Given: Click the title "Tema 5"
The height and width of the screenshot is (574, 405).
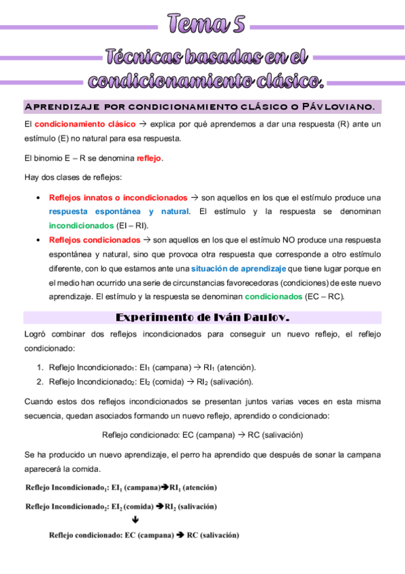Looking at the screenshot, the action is (x=204, y=25).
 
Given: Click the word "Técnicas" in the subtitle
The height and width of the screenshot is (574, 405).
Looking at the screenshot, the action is (x=140, y=58).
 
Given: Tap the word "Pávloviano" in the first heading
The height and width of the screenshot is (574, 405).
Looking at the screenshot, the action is (x=337, y=107).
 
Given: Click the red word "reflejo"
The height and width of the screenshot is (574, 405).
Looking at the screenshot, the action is (x=149, y=158).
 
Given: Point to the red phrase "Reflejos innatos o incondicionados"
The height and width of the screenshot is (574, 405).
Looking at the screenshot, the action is (x=118, y=198).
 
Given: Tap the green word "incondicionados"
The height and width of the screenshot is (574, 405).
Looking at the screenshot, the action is (x=81, y=225).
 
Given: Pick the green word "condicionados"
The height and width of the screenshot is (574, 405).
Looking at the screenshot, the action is (x=274, y=296).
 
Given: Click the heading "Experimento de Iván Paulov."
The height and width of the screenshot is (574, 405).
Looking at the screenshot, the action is (x=203, y=317).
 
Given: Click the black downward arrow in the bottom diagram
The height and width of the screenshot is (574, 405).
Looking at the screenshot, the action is (x=136, y=520).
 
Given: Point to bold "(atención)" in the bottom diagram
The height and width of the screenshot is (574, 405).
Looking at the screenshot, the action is (x=200, y=487).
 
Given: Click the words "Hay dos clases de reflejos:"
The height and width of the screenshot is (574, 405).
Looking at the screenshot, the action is (x=73, y=177).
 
